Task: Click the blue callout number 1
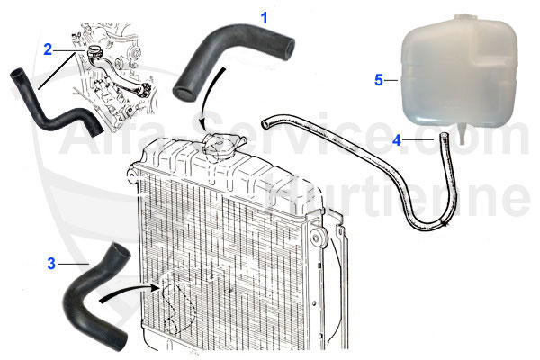(264, 17)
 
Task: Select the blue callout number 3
(52, 264)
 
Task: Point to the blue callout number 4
(397, 140)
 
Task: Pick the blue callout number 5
(379, 79)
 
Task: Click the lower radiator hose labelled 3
(94, 289)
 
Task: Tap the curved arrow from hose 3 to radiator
(130, 292)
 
